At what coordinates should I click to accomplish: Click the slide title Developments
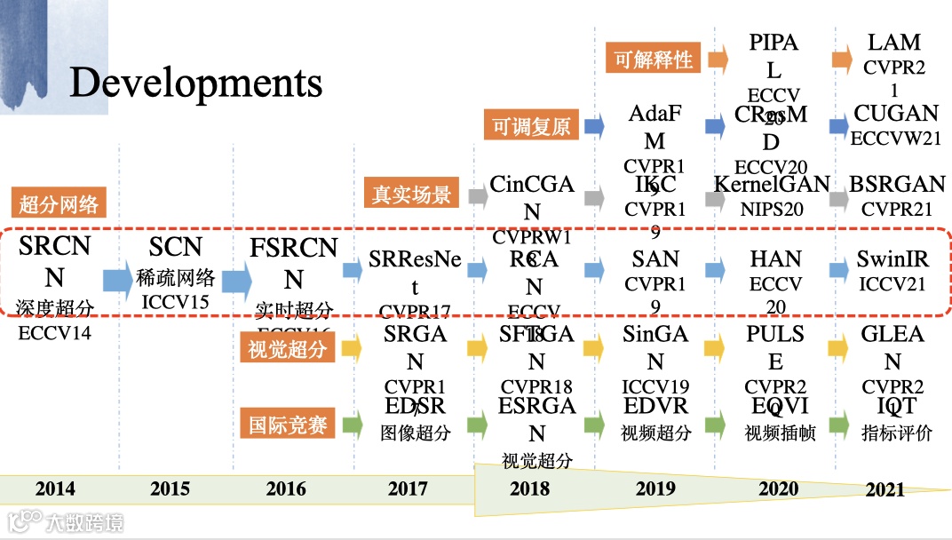195,83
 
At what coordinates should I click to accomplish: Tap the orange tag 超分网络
59,204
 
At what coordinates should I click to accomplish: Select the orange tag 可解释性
654,60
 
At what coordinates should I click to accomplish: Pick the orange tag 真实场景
412,194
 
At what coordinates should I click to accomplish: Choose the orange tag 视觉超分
285,349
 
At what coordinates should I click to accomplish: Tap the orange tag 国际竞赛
285,424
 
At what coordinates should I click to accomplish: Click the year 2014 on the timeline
55,488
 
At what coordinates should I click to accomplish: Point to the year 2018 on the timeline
529,488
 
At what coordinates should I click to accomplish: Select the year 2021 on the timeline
885,489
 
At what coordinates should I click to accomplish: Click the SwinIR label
892,259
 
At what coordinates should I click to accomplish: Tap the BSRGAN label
897,184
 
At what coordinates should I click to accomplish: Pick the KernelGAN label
772,184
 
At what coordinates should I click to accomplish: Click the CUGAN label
896,113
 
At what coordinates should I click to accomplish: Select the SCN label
176,247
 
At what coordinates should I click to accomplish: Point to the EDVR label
655,406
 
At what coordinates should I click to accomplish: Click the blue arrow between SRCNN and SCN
116,280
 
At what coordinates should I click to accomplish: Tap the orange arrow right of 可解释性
718,60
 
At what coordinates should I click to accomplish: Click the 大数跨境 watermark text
87,521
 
